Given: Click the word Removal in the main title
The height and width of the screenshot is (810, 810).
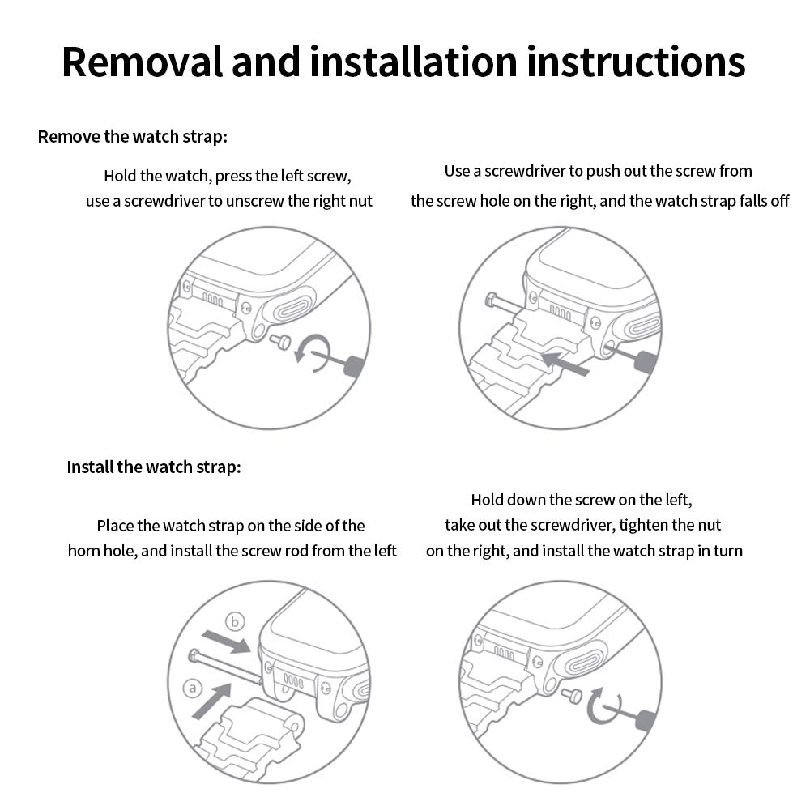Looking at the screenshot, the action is (x=142, y=62).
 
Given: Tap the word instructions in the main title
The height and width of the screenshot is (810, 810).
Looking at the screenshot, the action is (x=636, y=62).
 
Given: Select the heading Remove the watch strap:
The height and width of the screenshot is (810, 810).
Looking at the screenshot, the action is (x=133, y=137).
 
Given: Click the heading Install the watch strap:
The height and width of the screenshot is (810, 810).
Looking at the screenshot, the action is (x=154, y=467).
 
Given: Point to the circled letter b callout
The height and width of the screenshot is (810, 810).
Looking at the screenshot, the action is (x=235, y=621).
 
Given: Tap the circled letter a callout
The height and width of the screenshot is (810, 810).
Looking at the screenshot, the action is (x=193, y=688).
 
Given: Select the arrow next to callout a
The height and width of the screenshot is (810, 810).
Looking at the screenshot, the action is (x=212, y=700).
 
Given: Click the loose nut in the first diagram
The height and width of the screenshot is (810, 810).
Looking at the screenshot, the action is (x=282, y=342).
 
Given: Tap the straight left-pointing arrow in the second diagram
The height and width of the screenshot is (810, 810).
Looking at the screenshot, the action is (x=565, y=362).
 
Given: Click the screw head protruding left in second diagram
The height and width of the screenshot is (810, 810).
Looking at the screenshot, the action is (x=492, y=301).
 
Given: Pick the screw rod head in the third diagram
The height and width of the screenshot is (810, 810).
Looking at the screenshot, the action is (x=195, y=656).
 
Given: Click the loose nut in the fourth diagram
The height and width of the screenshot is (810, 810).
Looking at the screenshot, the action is (x=573, y=696).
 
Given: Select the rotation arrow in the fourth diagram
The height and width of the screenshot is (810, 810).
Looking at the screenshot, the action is (x=602, y=706).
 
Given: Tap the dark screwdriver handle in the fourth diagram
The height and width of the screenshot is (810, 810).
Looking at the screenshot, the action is (x=646, y=721).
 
